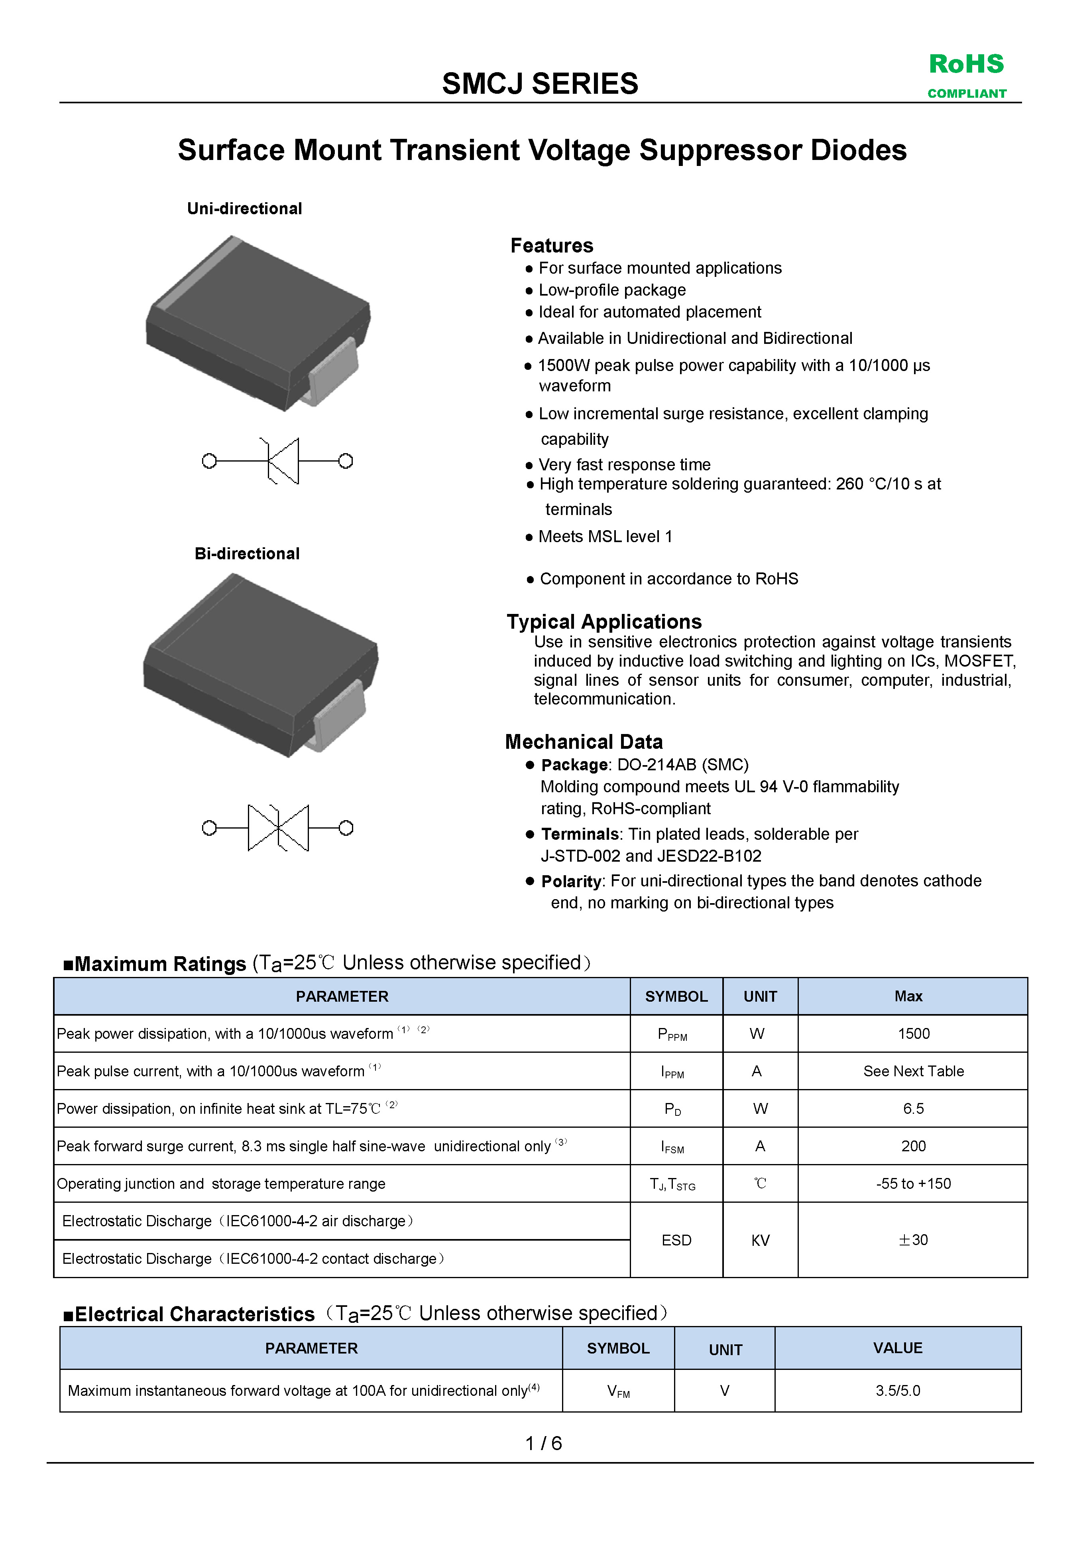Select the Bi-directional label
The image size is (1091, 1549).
[247, 553]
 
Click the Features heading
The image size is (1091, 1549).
[552, 246]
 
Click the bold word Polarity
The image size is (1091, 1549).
[570, 882]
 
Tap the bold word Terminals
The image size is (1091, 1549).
[579, 835]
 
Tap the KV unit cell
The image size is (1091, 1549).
[760, 1240]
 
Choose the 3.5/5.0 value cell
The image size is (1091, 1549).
[898, 1391]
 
